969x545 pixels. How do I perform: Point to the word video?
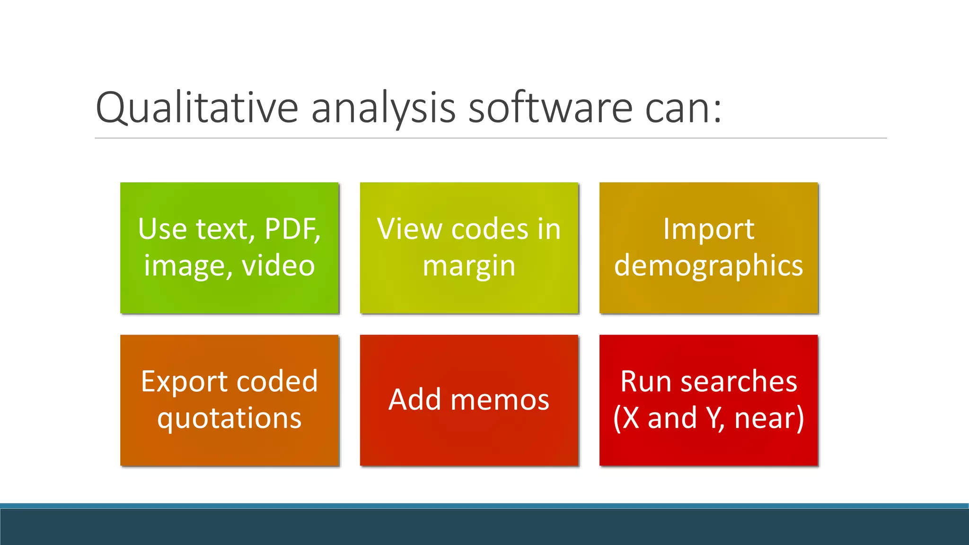tap(278, 266)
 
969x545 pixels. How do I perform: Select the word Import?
tap(708, 229)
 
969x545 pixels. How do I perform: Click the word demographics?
tap(708, 266)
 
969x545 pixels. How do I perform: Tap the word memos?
tap(500, 400)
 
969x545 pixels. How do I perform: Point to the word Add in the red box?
tap(415, 400)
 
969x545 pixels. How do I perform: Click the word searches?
tap(739, 382)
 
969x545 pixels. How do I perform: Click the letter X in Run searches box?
tap(631, 418)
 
